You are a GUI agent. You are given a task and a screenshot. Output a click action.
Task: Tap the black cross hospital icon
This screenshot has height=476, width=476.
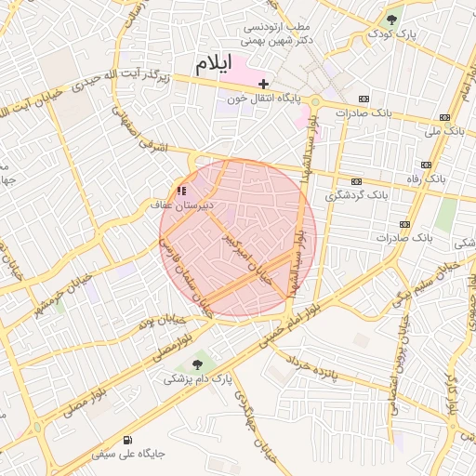264,84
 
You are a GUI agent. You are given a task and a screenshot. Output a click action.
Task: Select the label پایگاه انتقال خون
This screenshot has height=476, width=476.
263,97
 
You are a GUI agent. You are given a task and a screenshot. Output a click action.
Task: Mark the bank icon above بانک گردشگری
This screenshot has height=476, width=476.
356,182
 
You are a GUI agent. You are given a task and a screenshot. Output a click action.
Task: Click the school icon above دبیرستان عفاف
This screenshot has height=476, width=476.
180,191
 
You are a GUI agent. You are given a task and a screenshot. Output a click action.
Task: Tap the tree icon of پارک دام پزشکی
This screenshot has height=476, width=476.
197,364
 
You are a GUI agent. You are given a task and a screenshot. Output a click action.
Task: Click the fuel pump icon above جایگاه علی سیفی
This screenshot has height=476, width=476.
126,440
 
